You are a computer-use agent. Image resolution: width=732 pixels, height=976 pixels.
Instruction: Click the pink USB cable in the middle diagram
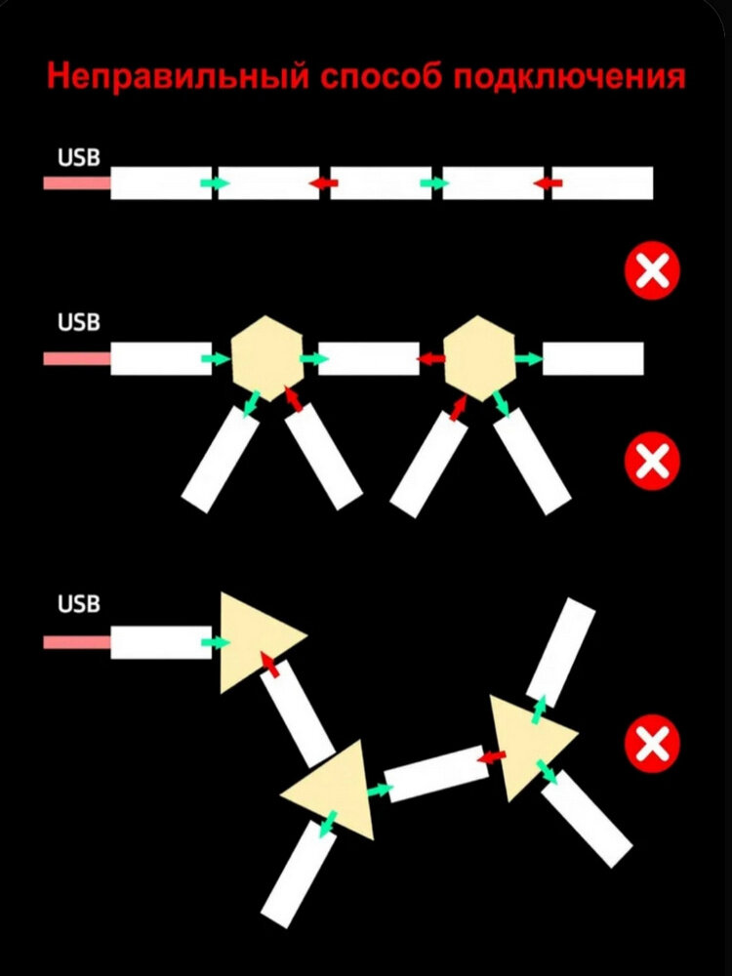pos(76,359)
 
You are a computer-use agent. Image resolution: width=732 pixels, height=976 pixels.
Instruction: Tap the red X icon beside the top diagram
pos(651,270)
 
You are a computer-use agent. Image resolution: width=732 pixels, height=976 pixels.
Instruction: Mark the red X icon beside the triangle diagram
pos(651,746)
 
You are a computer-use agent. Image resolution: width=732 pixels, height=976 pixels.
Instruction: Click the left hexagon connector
pos(267,358)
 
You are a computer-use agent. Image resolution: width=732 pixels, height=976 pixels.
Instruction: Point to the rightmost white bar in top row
pos(602,183)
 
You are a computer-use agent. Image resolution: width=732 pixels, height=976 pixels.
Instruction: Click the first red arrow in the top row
pos(322,183)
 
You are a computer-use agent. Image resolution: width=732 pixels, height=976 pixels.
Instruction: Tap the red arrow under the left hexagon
pos(293,397)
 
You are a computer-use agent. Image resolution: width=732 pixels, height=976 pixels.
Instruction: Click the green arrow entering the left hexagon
pos(216,359)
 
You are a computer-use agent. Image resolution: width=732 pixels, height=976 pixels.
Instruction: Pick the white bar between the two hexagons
pos(369,359)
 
